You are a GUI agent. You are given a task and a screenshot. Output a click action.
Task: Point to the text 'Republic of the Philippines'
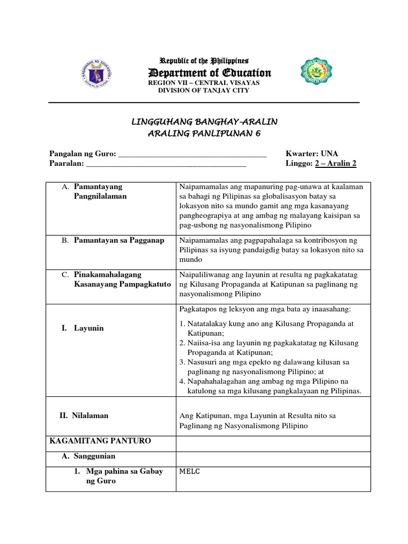point(204,61)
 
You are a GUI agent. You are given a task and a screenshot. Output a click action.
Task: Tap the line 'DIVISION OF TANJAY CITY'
point(203,90)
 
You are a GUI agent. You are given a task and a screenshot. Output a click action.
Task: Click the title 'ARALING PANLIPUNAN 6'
point(204,133)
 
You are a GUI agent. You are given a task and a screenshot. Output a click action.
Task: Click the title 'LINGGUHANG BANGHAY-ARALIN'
point(204,122)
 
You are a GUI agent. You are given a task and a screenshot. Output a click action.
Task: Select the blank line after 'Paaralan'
point(166,164)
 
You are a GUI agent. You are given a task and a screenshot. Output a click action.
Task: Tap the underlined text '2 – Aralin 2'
point(336,164)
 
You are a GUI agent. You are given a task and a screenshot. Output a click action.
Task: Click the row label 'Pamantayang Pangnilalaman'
point(100,192)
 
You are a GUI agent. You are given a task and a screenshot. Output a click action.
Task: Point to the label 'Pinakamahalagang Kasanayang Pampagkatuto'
point(122,279)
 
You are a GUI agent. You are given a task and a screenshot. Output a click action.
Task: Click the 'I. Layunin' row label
point(82,328)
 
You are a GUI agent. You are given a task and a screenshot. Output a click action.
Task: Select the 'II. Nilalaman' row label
point(83,415)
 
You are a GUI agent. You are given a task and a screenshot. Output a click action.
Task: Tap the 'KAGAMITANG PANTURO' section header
point(100,441)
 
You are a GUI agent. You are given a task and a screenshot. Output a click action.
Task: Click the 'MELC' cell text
point(190,471)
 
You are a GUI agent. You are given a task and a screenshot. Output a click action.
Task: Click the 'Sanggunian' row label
point(93,456)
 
